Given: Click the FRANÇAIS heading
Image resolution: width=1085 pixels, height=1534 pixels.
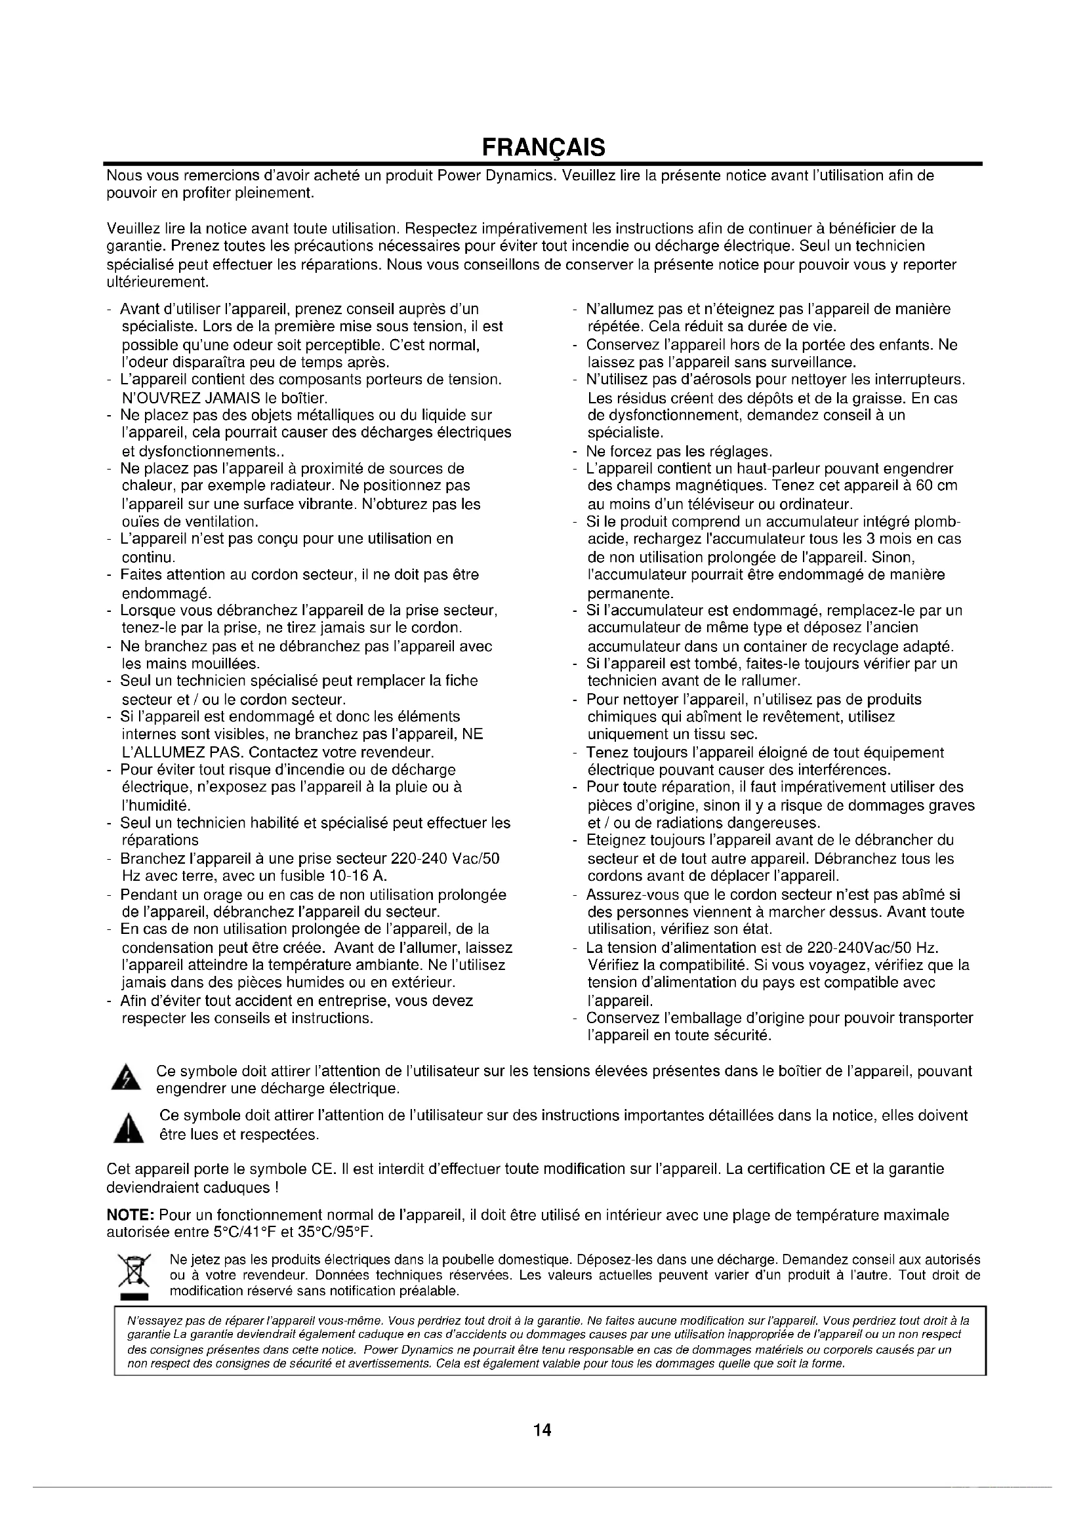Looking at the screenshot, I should [543, 147].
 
